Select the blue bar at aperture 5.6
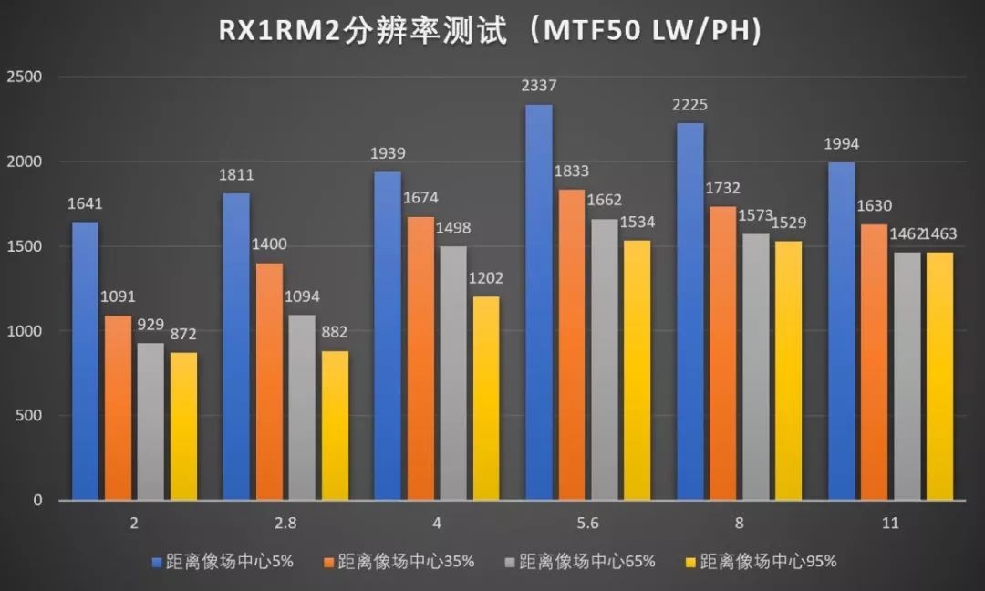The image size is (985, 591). click(539, 302)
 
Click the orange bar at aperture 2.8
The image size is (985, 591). click(269, 381)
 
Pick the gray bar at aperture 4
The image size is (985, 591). click(452, 373)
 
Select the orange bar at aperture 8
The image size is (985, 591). click(722, 353)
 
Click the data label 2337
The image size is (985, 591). click(539, 87)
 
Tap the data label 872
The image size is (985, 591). click(183, 335)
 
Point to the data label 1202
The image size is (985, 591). click(486, 278)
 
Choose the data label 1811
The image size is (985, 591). click(236, 175)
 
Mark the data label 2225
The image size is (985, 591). click(690, 105)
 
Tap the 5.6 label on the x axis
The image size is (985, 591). click(588, 524)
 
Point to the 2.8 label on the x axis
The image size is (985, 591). click(285, 524)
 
